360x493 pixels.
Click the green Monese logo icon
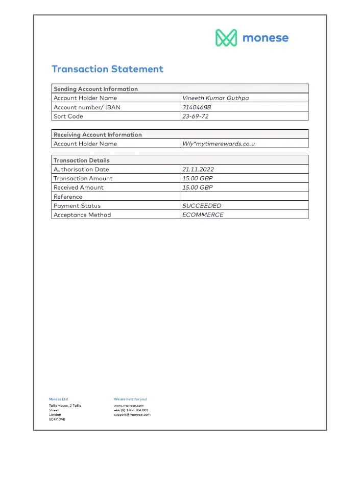(x=226, y=38)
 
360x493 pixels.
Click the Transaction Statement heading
(x=107, y=69)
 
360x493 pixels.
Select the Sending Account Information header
(x=95, y=89)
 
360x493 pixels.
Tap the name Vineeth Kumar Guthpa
(x=215, y=98)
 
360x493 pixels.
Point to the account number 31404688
(x=197, y=107)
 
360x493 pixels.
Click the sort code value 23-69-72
(x=196, y=116)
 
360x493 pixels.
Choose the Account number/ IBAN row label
(x=87, y=107)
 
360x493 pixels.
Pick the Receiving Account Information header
(x=98, y=135)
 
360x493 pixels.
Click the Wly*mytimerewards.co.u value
(x=219, y=144)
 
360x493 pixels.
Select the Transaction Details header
(x=82, y=160)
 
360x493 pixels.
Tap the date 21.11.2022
(x=197, y=169)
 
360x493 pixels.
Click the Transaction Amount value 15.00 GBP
(x=198, y=178)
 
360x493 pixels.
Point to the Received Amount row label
(x=78, y=187)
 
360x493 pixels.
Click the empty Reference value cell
(x=244, y=197)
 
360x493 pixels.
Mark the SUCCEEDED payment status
(x=202, y=206)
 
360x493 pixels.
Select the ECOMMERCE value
(x=203, y=215)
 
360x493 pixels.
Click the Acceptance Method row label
(x=82, y=215)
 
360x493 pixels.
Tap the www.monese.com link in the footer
(x=129, y=406)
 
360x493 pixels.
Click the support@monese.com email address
(x=132, y=415)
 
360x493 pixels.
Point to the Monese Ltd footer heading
(x=58, y=399)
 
